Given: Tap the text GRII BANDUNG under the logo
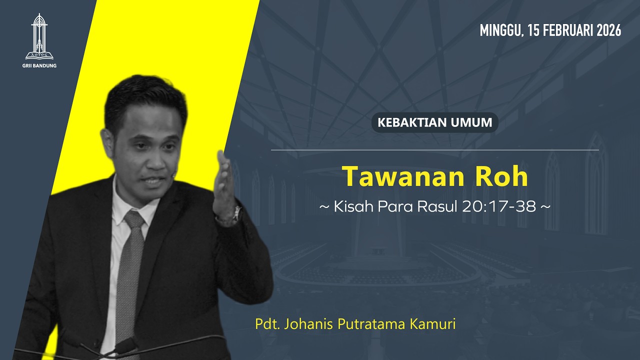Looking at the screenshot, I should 40,65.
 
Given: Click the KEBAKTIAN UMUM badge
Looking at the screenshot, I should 434,122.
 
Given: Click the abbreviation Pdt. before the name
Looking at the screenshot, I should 267,324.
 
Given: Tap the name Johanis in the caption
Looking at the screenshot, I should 309,324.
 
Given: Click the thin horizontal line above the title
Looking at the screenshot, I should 434,149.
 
